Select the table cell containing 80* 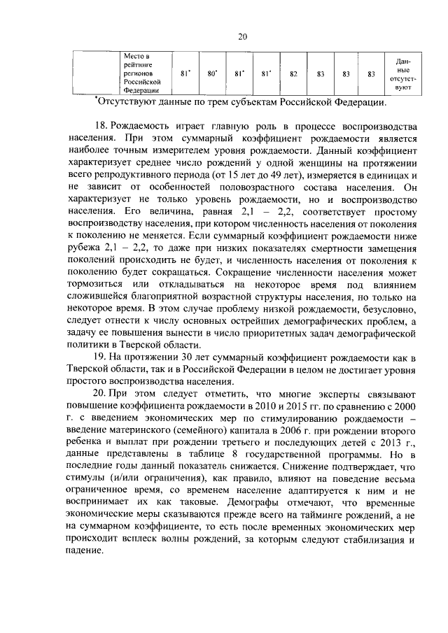click(x=212, y=73)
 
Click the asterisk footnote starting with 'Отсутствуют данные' click(x=241, y=103)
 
